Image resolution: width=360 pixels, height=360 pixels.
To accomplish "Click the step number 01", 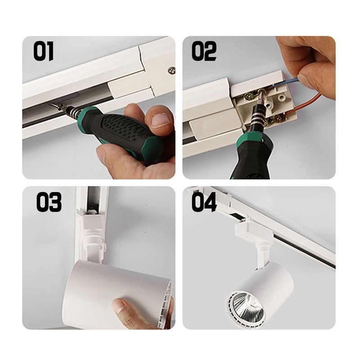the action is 43,51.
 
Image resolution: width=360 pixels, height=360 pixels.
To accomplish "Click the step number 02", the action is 204,51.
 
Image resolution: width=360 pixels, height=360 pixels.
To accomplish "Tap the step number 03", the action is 49,202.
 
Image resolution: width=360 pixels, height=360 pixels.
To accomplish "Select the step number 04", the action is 204,202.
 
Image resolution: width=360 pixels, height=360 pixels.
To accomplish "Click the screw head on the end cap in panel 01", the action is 171,70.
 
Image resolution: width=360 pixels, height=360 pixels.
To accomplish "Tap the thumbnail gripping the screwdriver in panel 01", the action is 160,120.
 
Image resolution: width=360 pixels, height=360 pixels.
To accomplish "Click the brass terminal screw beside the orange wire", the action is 277,118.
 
